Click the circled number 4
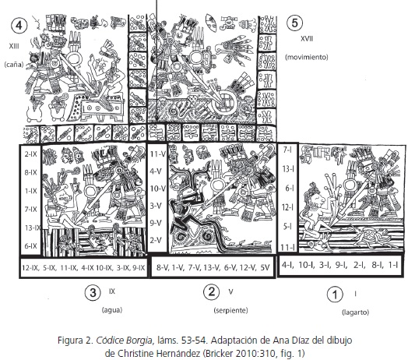[x=19, y=25]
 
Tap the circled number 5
[x=294, y=23]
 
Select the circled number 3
[x=93, y=292]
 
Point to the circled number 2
[x=211, y=291]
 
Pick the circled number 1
[x=335, y=295]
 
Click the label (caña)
[x=14, y=65]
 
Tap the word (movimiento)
[x=307, y=57]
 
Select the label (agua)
[x=112, y=309]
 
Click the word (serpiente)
[x=230, y=310]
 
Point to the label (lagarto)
[x=355, y=312]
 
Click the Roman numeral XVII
[x=307, y=39]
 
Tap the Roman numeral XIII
[x=14, y=46]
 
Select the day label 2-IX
[x=30, y=154]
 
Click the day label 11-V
[x=158, y=154]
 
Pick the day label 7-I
[x=289, y=150]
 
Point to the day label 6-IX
[x=30, y=245]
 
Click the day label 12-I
[x=288, y=207]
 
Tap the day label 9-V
[x=156, y=223]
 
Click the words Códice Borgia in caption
[x=124, y=341]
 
